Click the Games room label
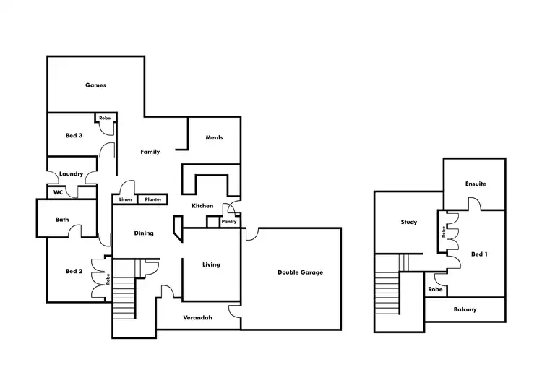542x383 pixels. pyautogui.click(x=95, y=85)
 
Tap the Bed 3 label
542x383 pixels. pyautogui.click(x=73, y=136)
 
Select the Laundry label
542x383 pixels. pyautogui.click(x=71, y=173)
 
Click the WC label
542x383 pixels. pyautogui.click(x=58, y=193)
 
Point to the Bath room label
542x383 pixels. pyautogui.click(x=62, y=220)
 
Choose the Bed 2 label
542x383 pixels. pyautogui.click(x=73, y=271)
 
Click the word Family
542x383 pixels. pyautogui.click(x=150, y=152)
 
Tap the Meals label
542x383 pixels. pyautogui.click(x=214, y=137)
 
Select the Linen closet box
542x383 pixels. pyautogui.click(x=125, y=199)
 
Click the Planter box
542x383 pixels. pyautogui.click(x=152, y=199)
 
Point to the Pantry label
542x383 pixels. pyautogui.click(x=229, y=222)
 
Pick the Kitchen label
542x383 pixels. pyautogui.click(x=202, y=206)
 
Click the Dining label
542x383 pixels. pyautogui.click(x=144, y=233)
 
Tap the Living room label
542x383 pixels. pyautogui.click(x=210, y=264)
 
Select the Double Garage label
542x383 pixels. pyautogui.click(x=300, y=272)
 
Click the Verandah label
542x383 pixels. pyautogui.click(x=197, y=317)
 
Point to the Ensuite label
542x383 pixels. pyautogui.click(x=476, y=184)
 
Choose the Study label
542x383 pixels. pyautogui.click(x=409, y=222)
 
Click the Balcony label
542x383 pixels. pyautogui.click(x=465, y=310)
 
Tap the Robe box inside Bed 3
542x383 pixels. pyautogui.click(x=105, y=117)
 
